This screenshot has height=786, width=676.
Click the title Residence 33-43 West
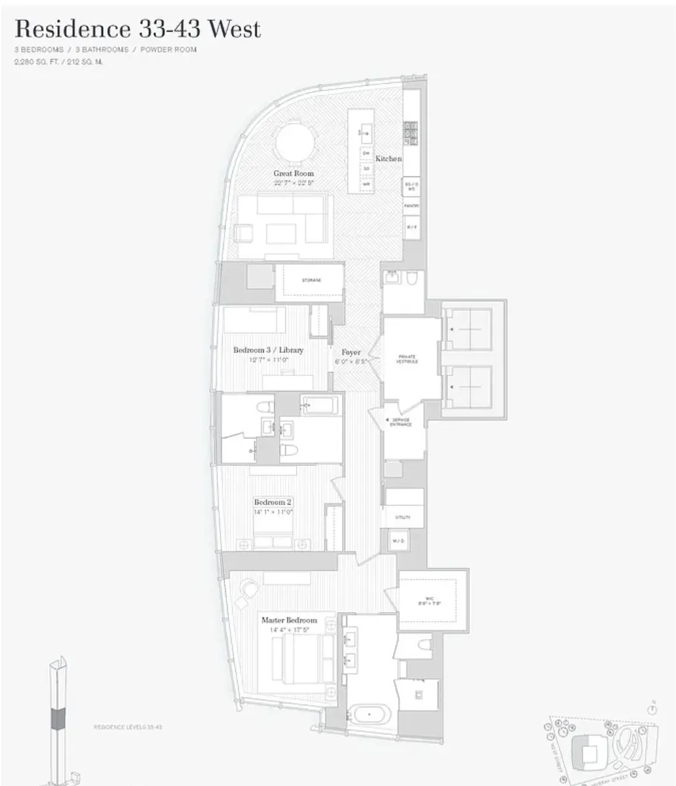pyautogui.click(x=138, y=30)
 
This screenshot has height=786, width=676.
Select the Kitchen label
pyautogui.click(x=389, y=159)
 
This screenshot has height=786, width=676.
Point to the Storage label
pyautogui.click(x=311, y=280)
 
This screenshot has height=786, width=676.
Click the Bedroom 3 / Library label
pyautogui.click(x=268, y=350)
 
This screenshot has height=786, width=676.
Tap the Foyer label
pyautogui.click(x=351, y=352)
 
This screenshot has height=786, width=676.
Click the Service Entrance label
pyautogui.click(x=401, y=422)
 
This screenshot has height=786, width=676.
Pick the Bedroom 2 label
pyautogui.click(x=273, y=503)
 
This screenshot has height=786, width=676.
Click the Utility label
pyautogui.click(x=402, y=518)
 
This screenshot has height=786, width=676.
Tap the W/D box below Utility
pyautogui.click(x=398, y=541)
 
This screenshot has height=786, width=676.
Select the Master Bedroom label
pyautogui.click(x=289, y=620)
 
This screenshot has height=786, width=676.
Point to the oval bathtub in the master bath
pyautogui.click(x=368, y=712)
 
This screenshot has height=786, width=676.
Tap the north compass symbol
pyautogui.click(x=652, y=708)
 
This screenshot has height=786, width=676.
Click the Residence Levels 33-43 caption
pyautogui.click(x=127, y=727)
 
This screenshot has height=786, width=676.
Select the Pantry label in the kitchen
pyautogui.click(x=412, y=206)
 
